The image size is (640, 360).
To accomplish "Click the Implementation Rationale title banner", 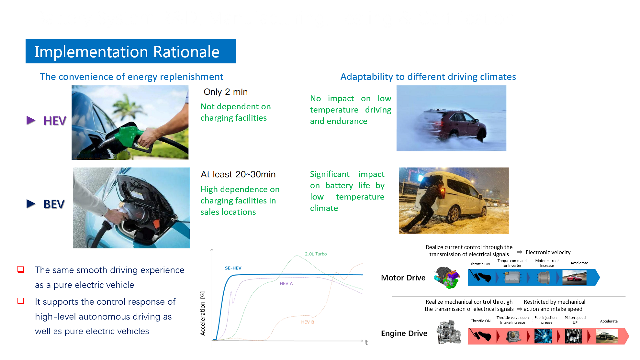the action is coord(131,51).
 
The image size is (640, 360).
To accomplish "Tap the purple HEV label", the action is coord(55,121).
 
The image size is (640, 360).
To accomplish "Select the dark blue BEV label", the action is coord(54,204).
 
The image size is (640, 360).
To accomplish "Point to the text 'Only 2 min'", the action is coord(226,92).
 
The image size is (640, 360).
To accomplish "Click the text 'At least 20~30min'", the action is coord(238,174).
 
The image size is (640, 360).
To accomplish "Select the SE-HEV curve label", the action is coord(233,268).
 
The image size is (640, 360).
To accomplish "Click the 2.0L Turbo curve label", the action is coord(316,254).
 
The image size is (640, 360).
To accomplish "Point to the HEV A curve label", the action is coord(286,283).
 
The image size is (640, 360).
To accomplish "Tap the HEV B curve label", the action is coord(307,322).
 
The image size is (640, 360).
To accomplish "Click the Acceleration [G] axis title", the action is coord(202,313).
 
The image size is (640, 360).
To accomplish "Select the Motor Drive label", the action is coord(403,278).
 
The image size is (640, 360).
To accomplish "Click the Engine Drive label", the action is coord(404,333).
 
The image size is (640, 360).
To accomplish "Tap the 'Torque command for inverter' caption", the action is coord(512,263).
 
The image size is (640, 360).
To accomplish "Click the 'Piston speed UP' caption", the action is coord(575,320).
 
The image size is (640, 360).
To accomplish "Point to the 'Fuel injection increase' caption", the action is coord(545,320).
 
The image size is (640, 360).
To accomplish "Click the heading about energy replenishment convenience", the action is coord(131,77).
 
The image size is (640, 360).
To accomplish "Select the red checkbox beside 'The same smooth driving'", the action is coord(21,269).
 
